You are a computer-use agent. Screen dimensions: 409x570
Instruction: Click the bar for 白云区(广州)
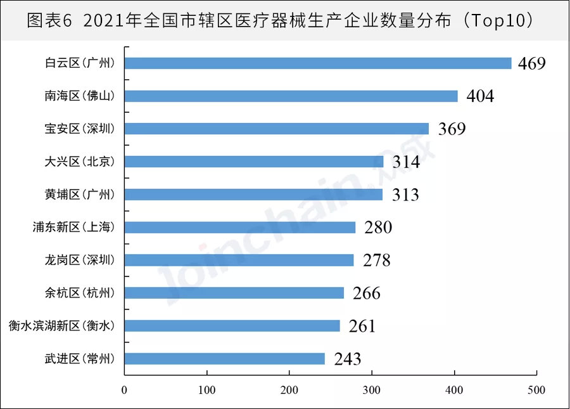[318, 63]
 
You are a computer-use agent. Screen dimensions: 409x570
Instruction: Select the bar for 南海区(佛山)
[291, 96]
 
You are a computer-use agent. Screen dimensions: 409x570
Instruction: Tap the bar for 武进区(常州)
[225, 358]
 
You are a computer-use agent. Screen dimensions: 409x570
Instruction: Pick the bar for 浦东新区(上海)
[240, 227]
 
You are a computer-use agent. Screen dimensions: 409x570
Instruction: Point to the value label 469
[531, 63]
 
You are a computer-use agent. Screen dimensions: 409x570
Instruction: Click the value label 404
[480, 96]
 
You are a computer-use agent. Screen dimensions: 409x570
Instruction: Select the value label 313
[405, 195]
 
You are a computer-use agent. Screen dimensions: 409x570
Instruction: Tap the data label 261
[362, 326]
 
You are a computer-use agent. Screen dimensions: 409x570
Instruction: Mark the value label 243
[347, 359]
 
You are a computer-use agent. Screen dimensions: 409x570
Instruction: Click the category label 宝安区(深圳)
[80, 129]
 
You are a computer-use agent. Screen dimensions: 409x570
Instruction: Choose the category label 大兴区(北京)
[80, 162]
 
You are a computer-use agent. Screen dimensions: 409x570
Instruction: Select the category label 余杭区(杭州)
[80, 293]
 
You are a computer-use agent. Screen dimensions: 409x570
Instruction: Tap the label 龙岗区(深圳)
[80, 260]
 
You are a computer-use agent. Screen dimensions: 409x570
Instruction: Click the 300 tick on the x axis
[372, 389]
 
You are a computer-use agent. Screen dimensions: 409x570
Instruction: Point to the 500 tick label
[536, 389]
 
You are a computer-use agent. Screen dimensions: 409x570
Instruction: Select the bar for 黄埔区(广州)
[253, 194]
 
